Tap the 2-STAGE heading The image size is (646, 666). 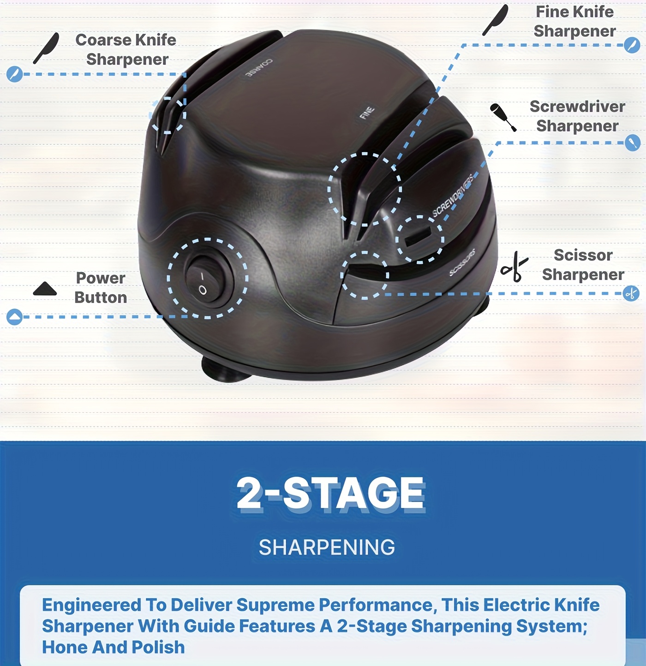(331, 494)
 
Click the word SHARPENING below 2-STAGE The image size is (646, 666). (327, 547)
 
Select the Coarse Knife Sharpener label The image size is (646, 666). (126, 49)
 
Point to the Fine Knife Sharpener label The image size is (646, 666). (575, 21)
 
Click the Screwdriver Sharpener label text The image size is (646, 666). (578, 116)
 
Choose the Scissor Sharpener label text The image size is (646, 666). (583, 265)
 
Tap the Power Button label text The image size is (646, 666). (101, 287)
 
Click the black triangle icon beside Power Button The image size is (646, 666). (45, 289)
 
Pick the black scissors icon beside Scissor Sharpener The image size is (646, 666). (514, 267)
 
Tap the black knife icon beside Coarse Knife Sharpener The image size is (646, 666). (46, 48)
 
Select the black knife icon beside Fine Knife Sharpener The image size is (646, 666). (495, 20)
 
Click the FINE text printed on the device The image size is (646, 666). (367, 113)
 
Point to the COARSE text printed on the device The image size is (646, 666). (259, 68)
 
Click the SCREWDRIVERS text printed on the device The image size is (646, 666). (453, 196)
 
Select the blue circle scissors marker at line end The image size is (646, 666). (631, 293)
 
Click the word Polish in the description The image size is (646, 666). (158, 647)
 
